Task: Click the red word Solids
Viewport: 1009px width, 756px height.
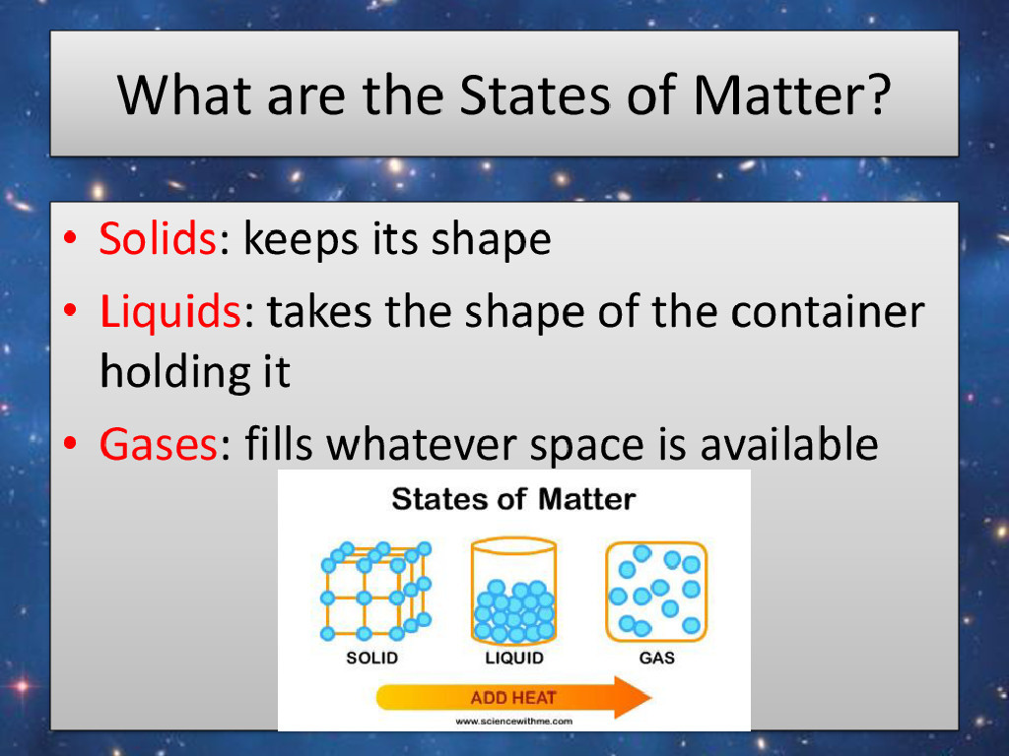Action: (x=158, y=238)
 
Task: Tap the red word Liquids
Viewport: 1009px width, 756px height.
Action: (x=170, y=311)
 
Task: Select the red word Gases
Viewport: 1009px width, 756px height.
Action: (x=159, y=444)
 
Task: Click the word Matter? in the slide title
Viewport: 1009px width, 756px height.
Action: (x=792, y=94)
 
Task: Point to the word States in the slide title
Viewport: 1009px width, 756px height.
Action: (x=534, y=94)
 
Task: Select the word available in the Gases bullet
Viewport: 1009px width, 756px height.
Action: (x=789, y=443)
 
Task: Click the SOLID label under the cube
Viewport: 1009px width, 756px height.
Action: (x=371, y=658)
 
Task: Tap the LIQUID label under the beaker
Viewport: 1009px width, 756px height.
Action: (x=514, y=658)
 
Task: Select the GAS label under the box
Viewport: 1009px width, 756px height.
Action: (x=657, y=658)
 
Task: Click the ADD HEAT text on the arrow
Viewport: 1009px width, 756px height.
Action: (x=512, y=698)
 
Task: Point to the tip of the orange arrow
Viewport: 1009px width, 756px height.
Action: (x=651, y=698)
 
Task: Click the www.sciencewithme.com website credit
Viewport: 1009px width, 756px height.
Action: (x=513, y=722)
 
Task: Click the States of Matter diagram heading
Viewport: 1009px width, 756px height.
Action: (x=513, y=499)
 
